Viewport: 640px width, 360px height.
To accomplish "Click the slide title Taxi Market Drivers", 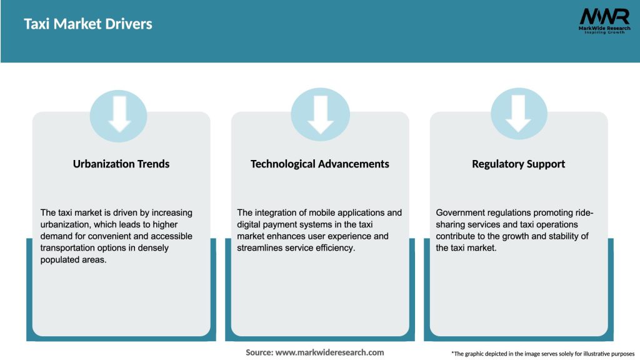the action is click(x=87, y=24).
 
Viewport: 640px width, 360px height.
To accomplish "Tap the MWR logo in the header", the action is click(x=604, y=21).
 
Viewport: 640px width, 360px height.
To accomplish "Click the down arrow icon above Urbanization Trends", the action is click(x=119, y=115).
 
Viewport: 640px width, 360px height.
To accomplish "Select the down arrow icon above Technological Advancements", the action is click(x=321, y=115).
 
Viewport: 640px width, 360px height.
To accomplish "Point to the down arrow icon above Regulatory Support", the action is click(x=519, y=114).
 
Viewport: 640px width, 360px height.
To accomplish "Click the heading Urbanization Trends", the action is click(x=121, y=164).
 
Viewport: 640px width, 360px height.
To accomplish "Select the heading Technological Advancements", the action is click(x=319, y=164).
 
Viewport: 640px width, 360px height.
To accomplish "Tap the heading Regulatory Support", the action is click(x=518, y=164).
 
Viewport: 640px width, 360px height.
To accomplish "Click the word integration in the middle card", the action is click(x=276, y=212).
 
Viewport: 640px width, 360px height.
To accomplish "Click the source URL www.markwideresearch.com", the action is click(x=330, y=352).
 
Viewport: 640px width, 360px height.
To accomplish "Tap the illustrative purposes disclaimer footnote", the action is click(x=543, y=354).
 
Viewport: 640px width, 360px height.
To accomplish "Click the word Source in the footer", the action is click(x=259, y=352).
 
